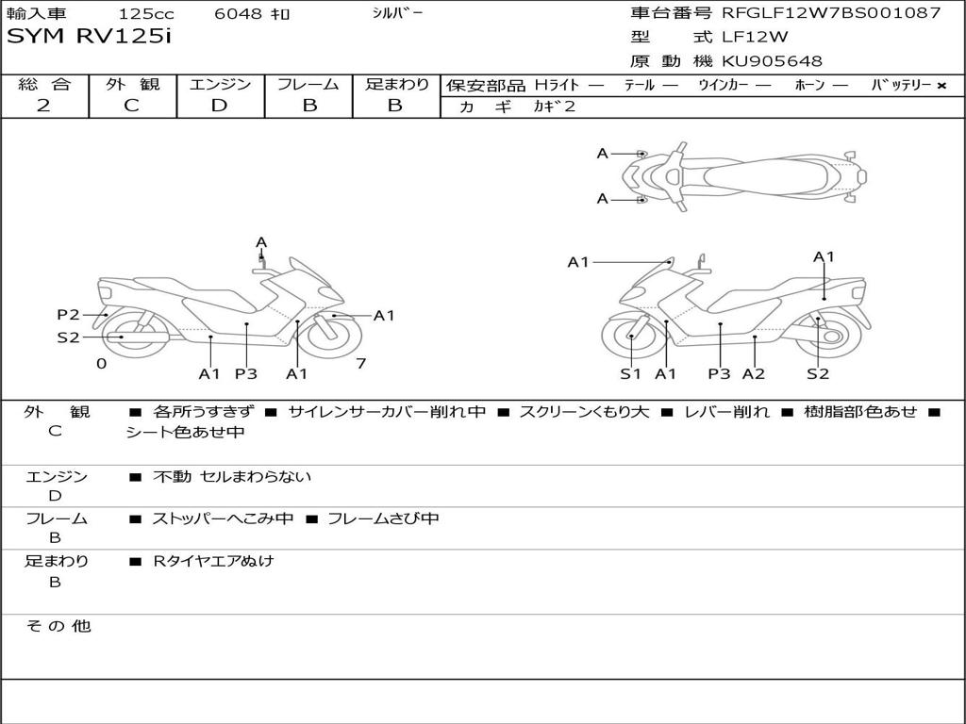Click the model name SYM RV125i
[89, 37]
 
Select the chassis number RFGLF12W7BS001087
[831, 12]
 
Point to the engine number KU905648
[772, 61]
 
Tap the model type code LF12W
[755, 37]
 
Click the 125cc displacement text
[146, 13]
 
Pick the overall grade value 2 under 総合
[43, 106]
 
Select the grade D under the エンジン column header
[219, 106]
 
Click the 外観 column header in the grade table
[132, 84]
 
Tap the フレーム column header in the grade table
[308, 84]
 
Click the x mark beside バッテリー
[941, 86]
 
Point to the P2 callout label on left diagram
[68, 315]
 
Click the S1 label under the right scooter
[631, 373]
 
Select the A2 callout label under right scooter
[754, 373]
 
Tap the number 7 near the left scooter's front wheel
[361, 363]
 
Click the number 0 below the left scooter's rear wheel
[102, 363]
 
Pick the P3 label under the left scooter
[246, 373]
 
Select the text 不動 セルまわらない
[232, 476]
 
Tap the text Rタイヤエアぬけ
[213, 561]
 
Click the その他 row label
[58, 626]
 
